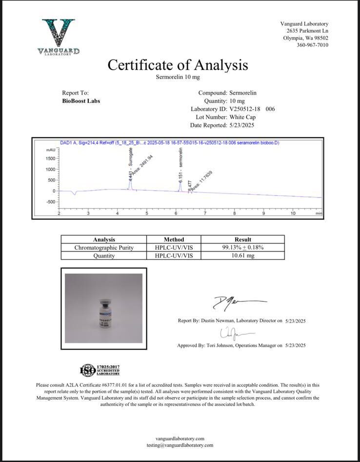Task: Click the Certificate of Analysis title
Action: tap(178, 65)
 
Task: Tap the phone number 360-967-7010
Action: tap(312, 45)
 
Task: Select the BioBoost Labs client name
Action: tap(81, 101)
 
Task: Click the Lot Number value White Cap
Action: tap(242, 117)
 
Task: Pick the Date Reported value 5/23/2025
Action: tap(241, 125)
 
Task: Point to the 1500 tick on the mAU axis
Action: tap(51, 159)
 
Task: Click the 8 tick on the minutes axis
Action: tap(234, 213)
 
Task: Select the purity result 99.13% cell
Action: tap(242, 247)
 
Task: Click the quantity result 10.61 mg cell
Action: tap(242, 255)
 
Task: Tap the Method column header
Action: tap(174, 240)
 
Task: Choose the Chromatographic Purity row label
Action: tap(104, 247)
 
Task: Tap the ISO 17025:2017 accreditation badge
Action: tap(100, 370)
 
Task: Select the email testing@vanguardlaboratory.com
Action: tap(180, 445)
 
